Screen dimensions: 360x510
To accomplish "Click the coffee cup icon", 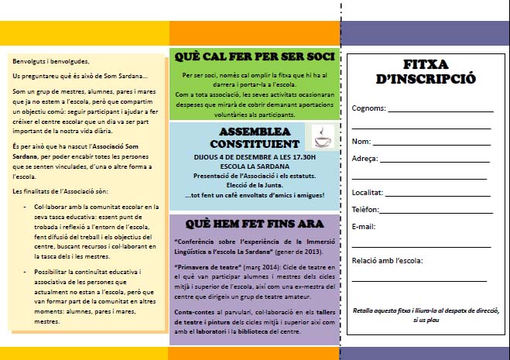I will click(323, 136).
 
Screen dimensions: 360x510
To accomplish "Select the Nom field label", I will click(361, 141).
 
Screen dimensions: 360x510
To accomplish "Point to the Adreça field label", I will click(365, 158).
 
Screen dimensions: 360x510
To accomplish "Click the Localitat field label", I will click(367, 192).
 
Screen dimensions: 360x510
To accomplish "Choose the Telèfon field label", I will click(365, 209).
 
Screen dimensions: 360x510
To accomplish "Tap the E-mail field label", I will click(363, 226).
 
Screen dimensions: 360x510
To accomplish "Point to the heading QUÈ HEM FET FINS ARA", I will click(254, 225).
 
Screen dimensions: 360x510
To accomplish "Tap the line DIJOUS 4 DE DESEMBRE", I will click(254, 156).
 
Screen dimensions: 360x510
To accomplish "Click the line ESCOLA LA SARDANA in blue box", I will click(254, 166).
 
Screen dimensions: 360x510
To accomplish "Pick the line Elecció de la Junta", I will click(254, 184).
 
